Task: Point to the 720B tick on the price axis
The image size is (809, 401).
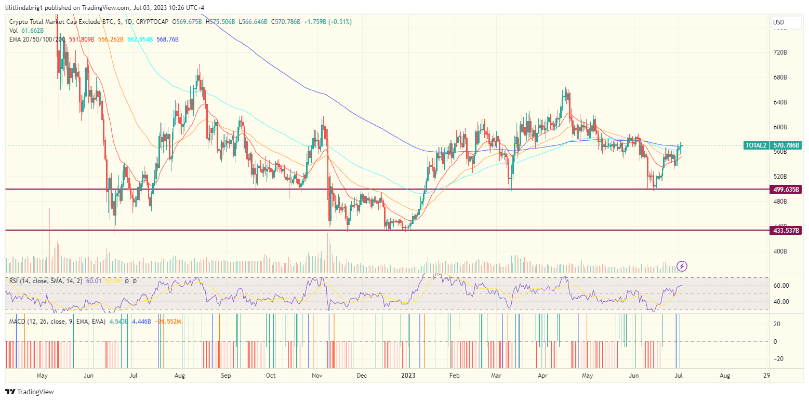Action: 780,53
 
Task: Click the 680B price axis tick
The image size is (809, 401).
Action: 780,77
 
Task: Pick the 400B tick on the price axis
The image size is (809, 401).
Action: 780,251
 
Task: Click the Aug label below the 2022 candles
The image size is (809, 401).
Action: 180,375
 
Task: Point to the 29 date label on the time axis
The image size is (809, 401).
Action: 766,375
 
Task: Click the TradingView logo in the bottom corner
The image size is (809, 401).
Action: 30,392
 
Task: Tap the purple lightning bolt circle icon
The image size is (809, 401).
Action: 683,266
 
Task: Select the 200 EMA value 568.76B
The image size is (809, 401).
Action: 167,39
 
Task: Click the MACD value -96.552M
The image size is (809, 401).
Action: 169,322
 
